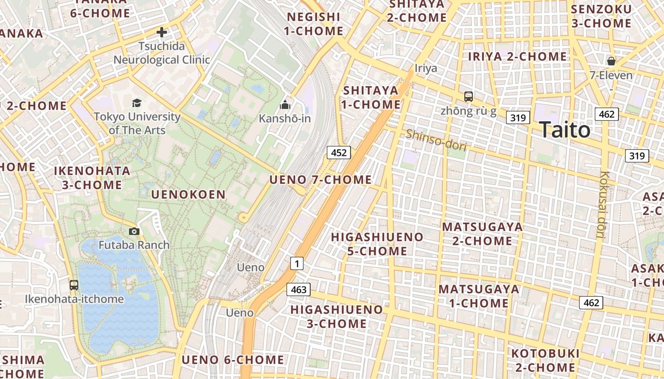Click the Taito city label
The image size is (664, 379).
coord(565,130)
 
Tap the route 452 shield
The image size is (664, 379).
coord(339,152)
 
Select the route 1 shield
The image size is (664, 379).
coord(296,263)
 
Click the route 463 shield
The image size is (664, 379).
coord(298,289)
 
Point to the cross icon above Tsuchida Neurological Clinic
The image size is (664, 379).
coord(162,32)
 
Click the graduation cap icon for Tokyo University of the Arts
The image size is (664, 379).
coord(137,103)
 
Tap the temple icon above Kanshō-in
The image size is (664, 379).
coord(285,104)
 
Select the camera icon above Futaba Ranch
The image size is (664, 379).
coord(134,231)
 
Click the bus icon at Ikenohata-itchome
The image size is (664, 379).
coord(74,285)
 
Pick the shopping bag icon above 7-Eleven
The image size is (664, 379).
coord(611,61)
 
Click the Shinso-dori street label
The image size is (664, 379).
coord(436,140)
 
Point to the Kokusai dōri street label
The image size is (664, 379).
coord(603,204)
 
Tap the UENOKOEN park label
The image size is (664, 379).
coord(188,194)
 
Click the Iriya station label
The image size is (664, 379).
coord(426,68)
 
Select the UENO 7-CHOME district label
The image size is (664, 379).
coord(321,180)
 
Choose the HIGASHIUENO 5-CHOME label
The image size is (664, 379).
coord(377,244)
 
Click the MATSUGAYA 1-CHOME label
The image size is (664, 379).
coord(479,296)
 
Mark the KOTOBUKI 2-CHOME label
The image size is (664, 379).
coord(545,361)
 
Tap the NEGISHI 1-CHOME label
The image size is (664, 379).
coord(314,24)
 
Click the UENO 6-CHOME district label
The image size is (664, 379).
coord(233,360)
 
